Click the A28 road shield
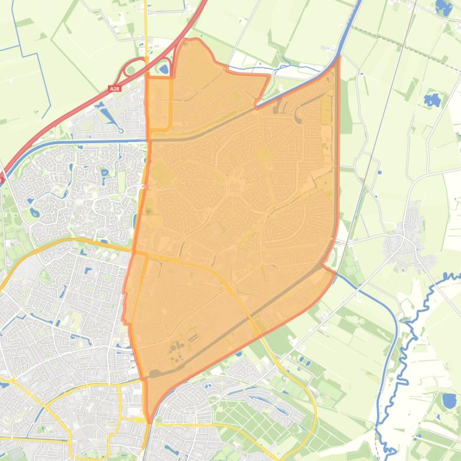115,89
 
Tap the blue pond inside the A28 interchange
163,69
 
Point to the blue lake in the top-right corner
444,7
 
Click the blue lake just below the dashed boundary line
432,99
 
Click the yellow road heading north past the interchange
146,30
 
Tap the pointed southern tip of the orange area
148,419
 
